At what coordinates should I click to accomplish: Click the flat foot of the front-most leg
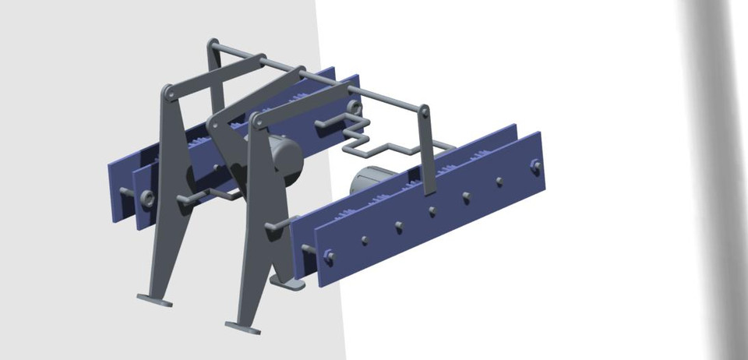tap(242, 327)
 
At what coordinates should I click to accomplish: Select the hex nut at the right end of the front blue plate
tap(535, 164)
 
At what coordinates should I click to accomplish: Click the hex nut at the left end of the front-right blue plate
tap(329, 255)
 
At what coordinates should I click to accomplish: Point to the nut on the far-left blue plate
tap(146, 199)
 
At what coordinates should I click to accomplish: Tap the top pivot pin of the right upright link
tap(425, 112)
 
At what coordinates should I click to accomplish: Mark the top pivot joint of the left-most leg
tap(167, 93)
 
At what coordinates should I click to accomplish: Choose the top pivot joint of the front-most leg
tap(256, 119)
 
